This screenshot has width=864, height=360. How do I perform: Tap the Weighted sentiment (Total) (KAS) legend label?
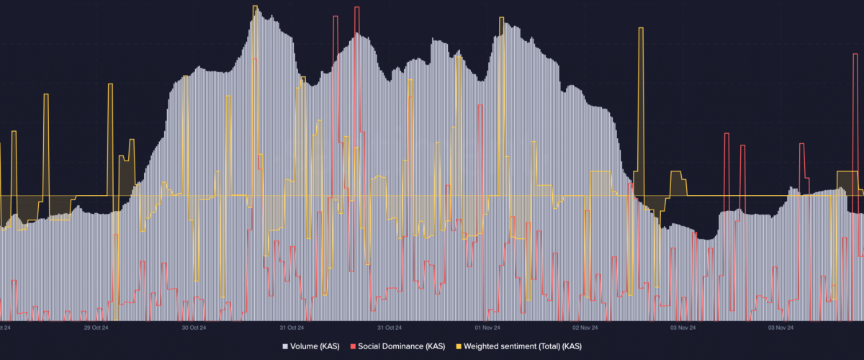(521, 346)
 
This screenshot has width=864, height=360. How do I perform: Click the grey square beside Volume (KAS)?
(285, 346)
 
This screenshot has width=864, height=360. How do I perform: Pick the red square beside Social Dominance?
(353, 346)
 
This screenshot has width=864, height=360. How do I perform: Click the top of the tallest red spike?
(356, 7)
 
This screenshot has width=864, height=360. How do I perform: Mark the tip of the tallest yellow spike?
(255, 7)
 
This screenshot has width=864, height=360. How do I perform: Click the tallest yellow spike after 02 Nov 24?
(641, 29)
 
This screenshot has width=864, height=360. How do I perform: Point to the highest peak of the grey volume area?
(258, 9)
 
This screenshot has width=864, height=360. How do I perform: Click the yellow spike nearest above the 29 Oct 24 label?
(110, 85)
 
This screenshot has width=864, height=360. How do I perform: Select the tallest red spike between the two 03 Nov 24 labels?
(726, 134)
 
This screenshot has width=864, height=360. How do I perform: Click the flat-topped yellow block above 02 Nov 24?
(600, 172)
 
